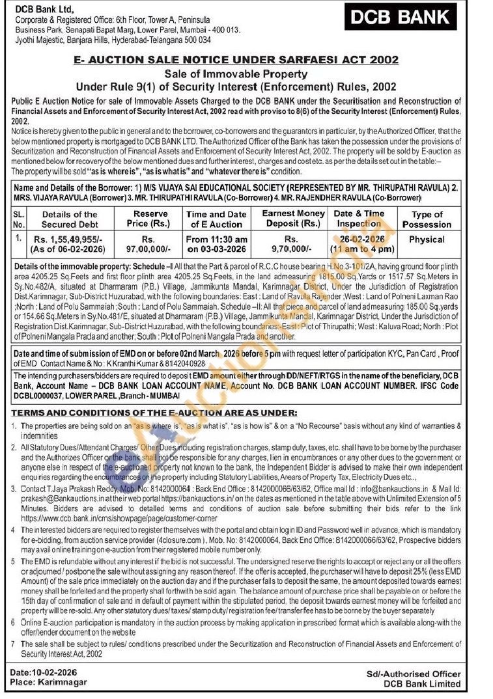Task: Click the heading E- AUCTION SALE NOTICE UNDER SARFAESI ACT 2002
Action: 246,60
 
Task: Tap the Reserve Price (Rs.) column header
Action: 150,219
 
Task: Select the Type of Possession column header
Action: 427,219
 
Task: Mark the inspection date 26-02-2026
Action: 358,239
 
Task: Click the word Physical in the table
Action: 427,240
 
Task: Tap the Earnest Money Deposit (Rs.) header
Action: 293,219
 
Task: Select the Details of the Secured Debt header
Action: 69,219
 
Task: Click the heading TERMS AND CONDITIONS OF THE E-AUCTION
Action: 154,413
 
